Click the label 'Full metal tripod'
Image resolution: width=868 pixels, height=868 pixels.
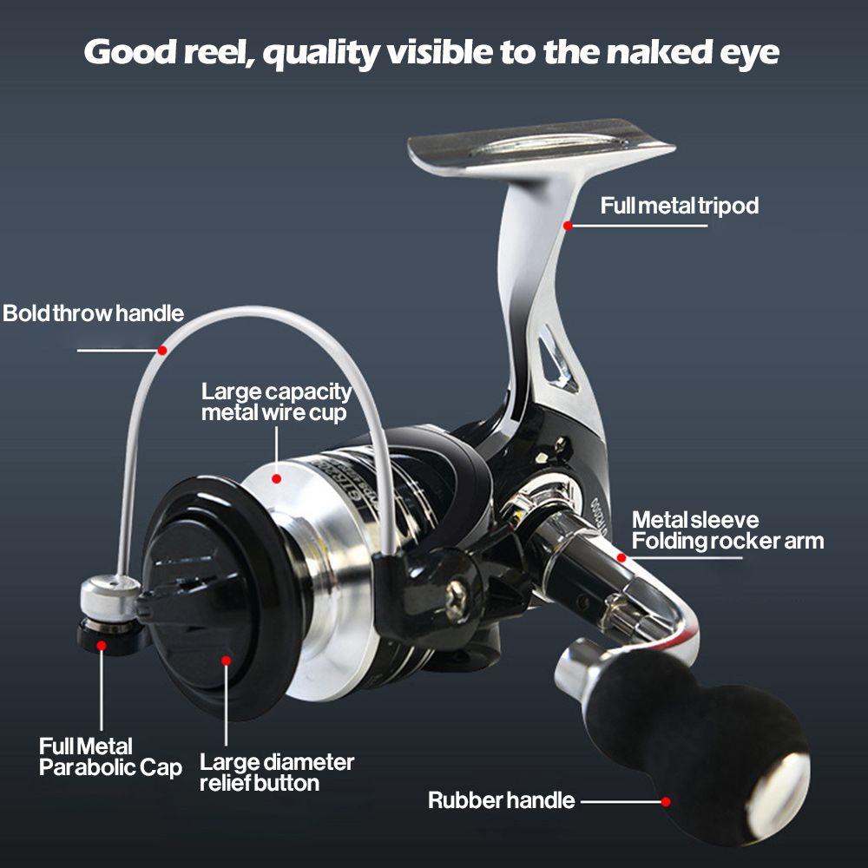[x=680, y=206]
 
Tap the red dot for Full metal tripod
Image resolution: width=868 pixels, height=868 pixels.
[x=568, y=225]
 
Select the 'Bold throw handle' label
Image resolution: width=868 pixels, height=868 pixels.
[x=93, y=313]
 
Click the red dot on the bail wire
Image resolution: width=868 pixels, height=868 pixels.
[x=161, y=350]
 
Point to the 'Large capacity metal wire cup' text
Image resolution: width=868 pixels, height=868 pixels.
[x=276, y=402]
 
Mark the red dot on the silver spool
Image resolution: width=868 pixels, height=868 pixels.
[x=276, y=477]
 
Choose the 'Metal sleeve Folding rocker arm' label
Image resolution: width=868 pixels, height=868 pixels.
[x=727, y=530]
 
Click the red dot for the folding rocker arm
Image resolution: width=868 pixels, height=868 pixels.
[x=621, y=557]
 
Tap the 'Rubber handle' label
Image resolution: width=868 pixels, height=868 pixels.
[x=501, y=800]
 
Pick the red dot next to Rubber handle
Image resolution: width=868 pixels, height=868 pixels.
[x=666, y=801]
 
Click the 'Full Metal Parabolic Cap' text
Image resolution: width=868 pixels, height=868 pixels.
[x=110, y=757]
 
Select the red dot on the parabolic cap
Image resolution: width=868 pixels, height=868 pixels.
[x=102, y=645]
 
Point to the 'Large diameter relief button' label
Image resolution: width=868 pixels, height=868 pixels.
[x=277, y=773]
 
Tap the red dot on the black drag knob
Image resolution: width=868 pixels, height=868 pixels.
[x=227, y=661]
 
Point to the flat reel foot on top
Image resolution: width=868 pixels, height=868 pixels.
[x=541, y=143]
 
